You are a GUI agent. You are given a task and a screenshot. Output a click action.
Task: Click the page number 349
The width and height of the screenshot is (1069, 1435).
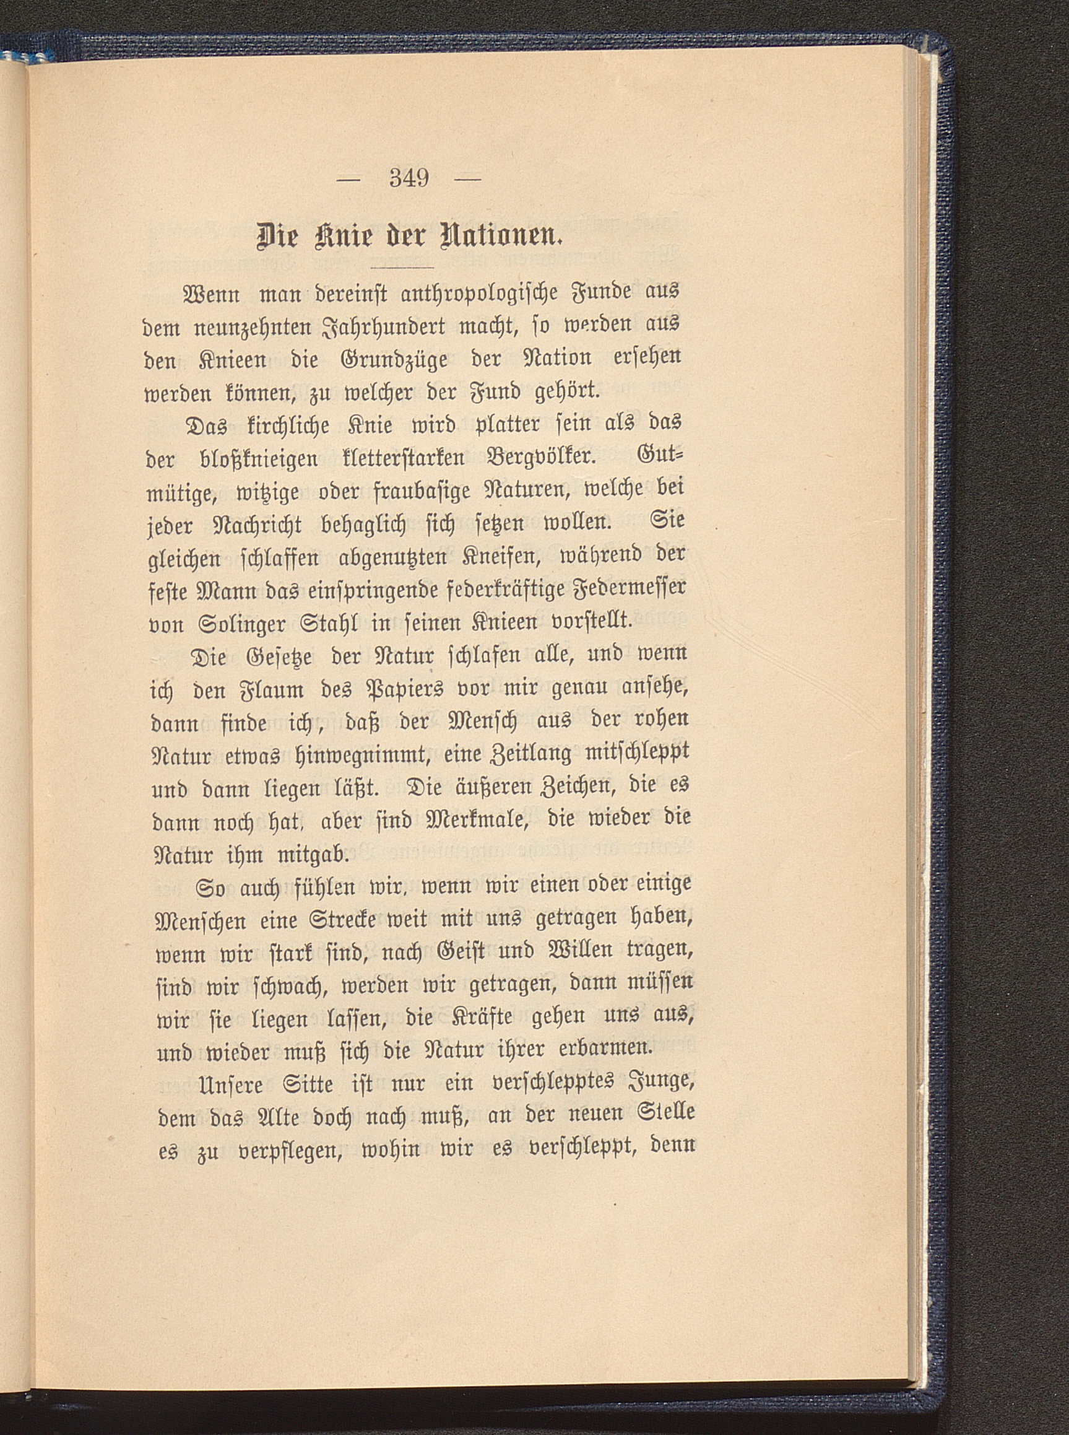(409, 177)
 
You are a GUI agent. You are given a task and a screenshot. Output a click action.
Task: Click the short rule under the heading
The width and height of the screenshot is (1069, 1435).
(404, 267)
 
